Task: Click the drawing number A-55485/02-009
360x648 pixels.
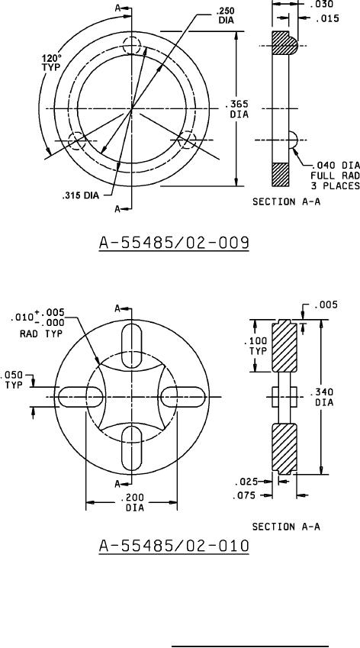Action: [174, 243]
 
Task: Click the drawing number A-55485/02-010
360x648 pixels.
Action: [174, 546]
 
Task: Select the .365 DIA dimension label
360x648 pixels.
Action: [239, 109]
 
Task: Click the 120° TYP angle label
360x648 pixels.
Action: [51, 62]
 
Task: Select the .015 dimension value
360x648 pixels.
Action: [326, 18]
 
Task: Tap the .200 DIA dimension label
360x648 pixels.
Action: [134, 502]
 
